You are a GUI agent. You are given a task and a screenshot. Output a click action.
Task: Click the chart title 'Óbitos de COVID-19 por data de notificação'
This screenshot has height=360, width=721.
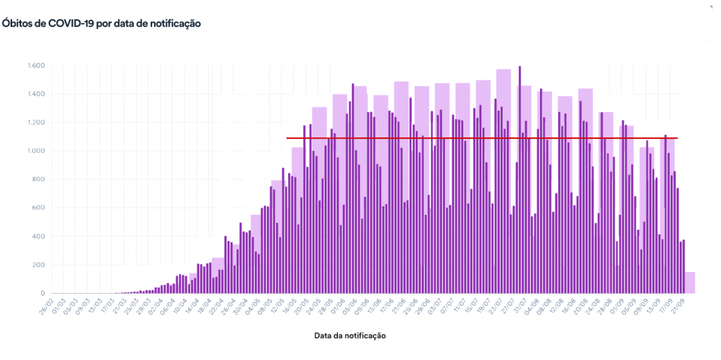click(101, 23)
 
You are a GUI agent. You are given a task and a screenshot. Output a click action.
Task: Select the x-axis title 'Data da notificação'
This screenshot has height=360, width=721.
click(350, 335)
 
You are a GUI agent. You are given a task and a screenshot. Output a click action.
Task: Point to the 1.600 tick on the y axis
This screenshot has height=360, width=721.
click(37, 66)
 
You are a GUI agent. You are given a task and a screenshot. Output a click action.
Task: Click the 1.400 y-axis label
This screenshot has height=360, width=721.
click(37, 94)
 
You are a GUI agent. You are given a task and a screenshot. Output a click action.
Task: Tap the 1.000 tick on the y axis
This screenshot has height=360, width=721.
click(37, 151)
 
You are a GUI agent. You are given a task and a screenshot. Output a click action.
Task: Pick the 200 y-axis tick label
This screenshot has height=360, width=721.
click(39, 265)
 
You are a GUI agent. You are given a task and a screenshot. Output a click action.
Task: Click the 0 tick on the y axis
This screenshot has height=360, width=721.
click(43, 293)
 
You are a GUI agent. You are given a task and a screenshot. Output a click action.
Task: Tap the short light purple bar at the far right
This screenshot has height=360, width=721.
click(691, 283)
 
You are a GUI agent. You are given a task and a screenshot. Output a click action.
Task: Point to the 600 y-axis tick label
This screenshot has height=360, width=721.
click(39, 208)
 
